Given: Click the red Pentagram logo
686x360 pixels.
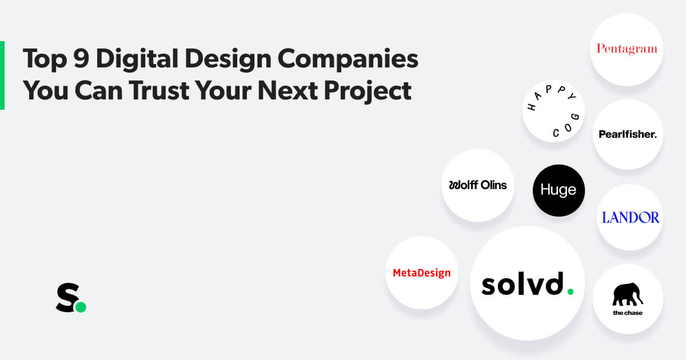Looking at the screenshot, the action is [x=627, y=49].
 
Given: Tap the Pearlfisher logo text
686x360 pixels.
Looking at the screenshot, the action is [x=628, y=134].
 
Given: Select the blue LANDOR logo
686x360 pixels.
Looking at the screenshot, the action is [x=631, y=217].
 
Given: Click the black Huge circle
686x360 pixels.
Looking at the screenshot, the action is [x=559, y=190].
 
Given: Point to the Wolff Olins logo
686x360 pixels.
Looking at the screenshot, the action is [x=478, y=185].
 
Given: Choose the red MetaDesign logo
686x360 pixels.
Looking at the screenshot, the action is [x=422, y=273].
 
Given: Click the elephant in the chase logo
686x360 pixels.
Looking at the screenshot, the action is [x=627, y=294].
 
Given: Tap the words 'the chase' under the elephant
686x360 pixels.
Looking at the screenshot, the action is [x=628, y=313].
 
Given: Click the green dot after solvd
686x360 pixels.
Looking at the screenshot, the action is [x=571, y=291].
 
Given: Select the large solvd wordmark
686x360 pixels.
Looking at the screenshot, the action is [x=527, y=283].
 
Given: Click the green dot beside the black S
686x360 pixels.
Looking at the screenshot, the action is [x=81, y=307].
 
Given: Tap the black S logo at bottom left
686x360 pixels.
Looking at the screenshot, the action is [x=68, y=298].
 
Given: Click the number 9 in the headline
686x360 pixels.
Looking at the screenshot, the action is [x=81, y=58].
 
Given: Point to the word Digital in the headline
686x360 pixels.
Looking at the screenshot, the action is [x=137, y=58].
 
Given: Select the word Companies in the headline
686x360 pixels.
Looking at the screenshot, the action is [x=348, y=59].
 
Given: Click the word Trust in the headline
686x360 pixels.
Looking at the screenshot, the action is [x=159, y=90].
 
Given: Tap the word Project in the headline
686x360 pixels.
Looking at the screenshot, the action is [x=368, y=92].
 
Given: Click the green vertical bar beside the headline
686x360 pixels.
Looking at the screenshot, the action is [x=2, y=75].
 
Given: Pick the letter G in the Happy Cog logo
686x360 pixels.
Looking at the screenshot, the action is [x=576, y=117].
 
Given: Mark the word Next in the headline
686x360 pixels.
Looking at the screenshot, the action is [x=288, y=90].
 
